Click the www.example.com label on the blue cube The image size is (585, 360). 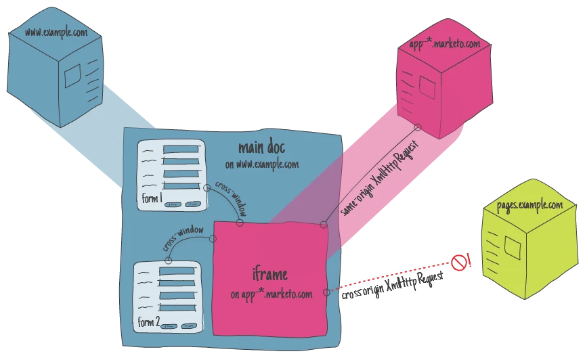pyautogui.click(x=56, y=32)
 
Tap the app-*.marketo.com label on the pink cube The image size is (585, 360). pyautogui.click(x=444, y=44)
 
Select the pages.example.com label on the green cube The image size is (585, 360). pyautogui.click(x=529, y=205)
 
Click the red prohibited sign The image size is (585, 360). pyautogui.click(x=459, y=263)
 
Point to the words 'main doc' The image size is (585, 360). pyautogui.click(x=261, y=148)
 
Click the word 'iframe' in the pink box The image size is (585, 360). pyautogui.click(x=269, y=274)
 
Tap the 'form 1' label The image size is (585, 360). pyautogui.click(x=152, y=198)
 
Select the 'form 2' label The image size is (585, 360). pyautogui.click(x=149, y=321)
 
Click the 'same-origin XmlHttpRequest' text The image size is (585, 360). pyautogui.click(x=379, y=179)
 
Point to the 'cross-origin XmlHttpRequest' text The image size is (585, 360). pyautogui.click(x=393, y=286)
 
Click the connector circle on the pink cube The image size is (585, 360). pyautogui.click(x=418, y=128)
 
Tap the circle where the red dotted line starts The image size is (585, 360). pyautogui.click(x=326, y=292)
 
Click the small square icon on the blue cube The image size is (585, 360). pyautogui.click(x=72, y=76)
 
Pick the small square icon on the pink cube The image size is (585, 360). pyautogui.click(x=427, y=87)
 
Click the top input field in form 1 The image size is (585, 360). pyautogui.click(x=181, y=150)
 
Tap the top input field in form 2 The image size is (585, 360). pyautogui.click(x=177, y=271)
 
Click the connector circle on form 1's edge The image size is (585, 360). pyautogui.click(x=207, y=187)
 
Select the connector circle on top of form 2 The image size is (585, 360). pyautogui.click(x=169, y=260)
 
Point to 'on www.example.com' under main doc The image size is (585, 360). pyautogui.click(x=262, y=164)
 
